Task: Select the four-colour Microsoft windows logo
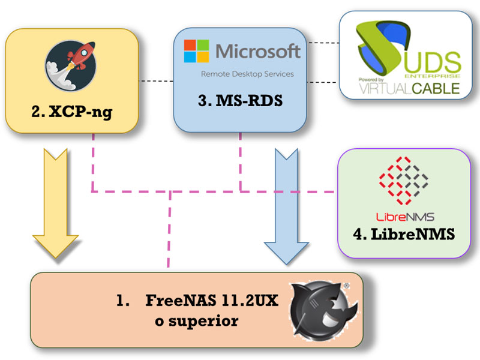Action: click(197, 51)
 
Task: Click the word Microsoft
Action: click(258, 51)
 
